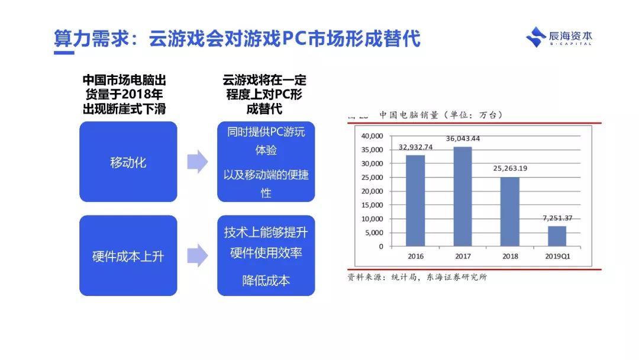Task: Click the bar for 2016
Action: click(415, 200)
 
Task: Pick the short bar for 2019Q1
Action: click(557, 236)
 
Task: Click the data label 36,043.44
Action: click(463, 139)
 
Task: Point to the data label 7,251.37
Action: click(557, 218)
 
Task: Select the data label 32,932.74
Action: click(415, 147)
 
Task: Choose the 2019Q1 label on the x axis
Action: click(557, 256)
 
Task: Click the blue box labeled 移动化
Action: click(128, 162)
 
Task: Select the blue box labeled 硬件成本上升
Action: click(128, 256)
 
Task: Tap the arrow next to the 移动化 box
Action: click(197, 162)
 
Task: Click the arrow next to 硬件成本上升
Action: click(197, 256)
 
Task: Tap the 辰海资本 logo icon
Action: click(535, 37)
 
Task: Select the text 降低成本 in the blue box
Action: click(266, 280)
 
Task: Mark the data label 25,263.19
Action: click(510, 168)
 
